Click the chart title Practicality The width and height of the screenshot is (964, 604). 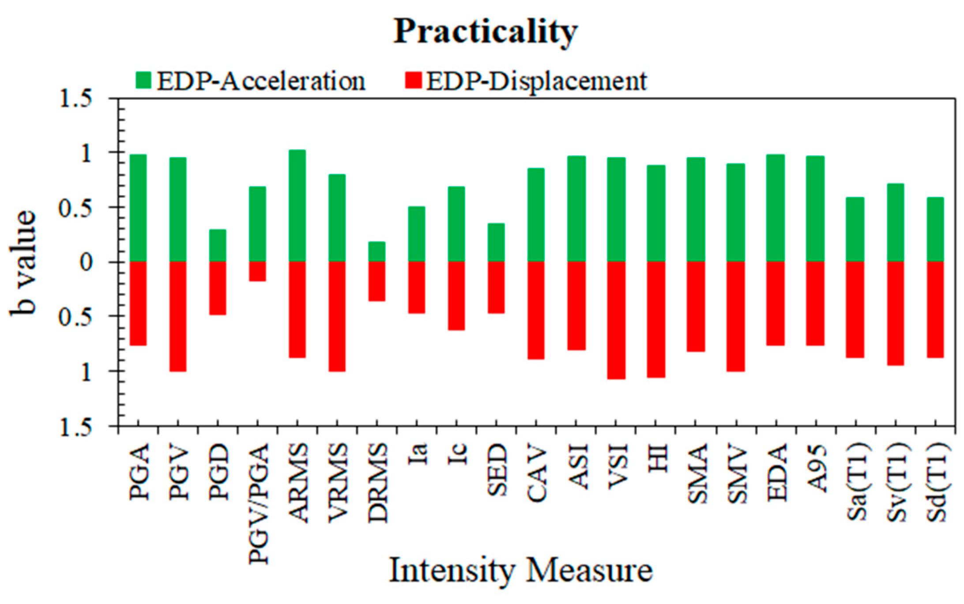click(x=485, y=32)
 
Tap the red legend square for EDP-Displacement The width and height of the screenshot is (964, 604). click(x=414, y=81)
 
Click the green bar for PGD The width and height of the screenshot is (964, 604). click(x=218, y=245)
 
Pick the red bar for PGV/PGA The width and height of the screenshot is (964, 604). click(x=257, y=271)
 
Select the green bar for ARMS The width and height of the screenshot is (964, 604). click(x=297, y=206)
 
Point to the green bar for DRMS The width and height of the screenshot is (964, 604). click(x=377, y=252)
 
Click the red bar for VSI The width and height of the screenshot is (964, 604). click(x=616, y=320)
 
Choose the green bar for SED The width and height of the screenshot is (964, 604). click(x=497, y=242)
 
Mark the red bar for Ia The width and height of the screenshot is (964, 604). click(x=417, y=287)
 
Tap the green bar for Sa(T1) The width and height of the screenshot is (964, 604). click(x=855, y=230)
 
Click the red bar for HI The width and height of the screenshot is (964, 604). click(x=656, y=319)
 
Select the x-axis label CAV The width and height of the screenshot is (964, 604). click(x=537, y=475)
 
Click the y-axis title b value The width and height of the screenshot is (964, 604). click(x=23, y=262)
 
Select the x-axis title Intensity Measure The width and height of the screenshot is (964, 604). click(x=521, y=570)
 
